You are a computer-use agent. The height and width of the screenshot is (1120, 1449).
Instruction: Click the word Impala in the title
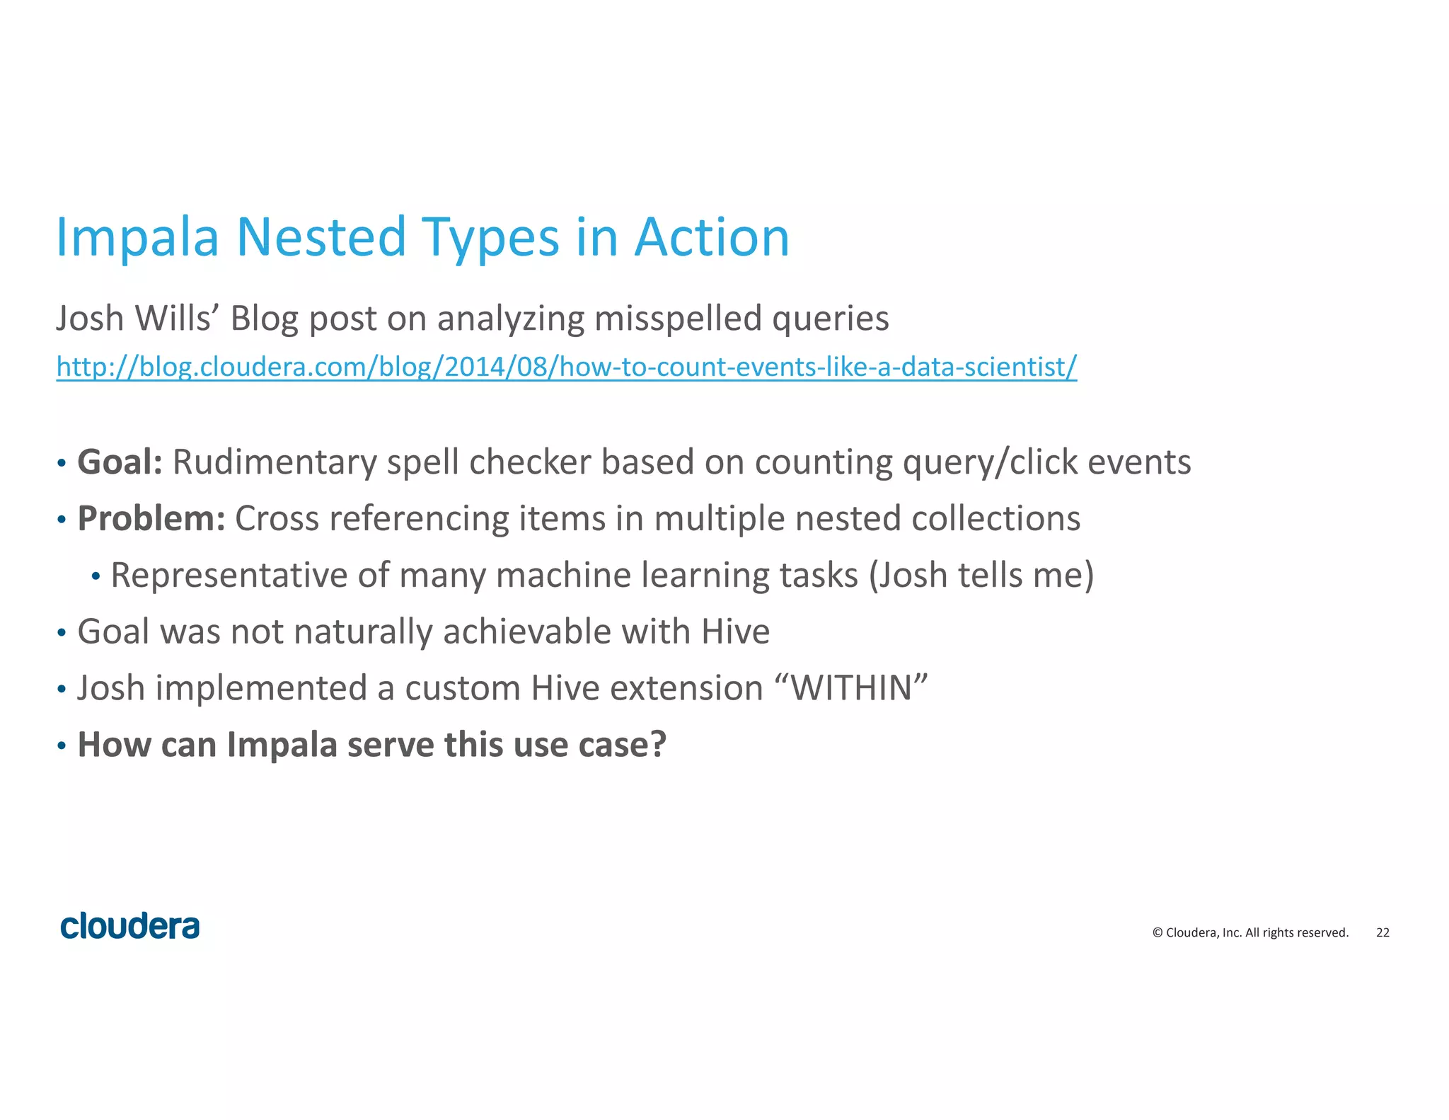coord(137,238)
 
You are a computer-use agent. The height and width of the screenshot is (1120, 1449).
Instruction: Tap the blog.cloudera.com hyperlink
coord(566,367)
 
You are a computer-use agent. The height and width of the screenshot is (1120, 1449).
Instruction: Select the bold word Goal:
coord(120,462)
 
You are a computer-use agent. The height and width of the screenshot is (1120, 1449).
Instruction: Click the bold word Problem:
coord(151,519)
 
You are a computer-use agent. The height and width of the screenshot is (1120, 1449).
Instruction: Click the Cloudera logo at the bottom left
coord(130,927)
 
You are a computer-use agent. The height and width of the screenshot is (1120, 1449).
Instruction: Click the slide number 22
coord(1382,932)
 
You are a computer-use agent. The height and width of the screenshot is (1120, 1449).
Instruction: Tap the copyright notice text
coord(1250,932)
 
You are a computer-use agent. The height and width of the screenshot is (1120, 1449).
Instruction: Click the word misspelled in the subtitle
coord(678,319)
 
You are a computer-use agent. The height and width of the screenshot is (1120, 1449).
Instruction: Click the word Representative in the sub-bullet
coord(229,575)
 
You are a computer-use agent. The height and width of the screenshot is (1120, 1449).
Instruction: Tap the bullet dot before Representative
coord(96,576)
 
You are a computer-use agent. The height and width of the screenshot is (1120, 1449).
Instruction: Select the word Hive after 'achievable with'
coord(735,632)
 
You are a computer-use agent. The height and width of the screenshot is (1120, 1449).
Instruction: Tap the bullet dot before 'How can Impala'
coord(62,746)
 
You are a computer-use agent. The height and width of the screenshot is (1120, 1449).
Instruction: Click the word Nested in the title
coord(321,238)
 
